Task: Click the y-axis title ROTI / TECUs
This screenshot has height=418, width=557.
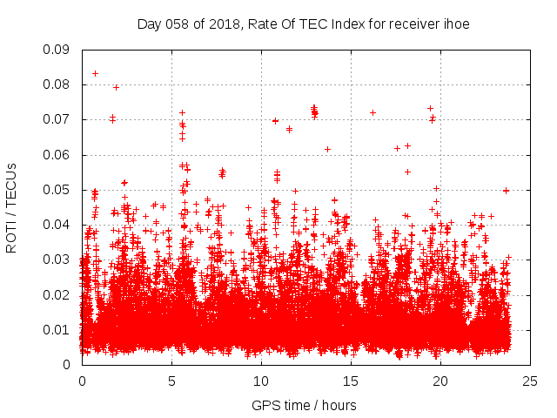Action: [x=12, y=207]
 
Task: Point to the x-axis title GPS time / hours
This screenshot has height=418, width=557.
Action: [x=304, y=405]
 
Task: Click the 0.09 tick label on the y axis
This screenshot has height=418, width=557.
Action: [x=58, y=50]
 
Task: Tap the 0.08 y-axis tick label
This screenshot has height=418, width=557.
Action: [x=58, y=84]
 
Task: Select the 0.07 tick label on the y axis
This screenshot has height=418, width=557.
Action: [x=58, y=119]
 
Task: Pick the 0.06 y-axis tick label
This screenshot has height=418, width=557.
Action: [x=58, y=155]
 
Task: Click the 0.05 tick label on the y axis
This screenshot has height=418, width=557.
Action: [x=58, y=190]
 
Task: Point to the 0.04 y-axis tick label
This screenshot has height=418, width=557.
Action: [x=58, y=225]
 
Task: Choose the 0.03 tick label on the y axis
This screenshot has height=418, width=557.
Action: [x=58, y=260]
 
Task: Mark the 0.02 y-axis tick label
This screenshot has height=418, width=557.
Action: [x=58, y=294]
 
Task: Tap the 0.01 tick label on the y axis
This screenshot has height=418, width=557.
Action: [x=58, y=329]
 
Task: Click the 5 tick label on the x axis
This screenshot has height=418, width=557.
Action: [x=171, y=381]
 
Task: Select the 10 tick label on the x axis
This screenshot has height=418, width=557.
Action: [x=261, y=381]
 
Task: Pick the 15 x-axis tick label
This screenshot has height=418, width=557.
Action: [x=351, y=381]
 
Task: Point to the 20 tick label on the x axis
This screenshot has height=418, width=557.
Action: [x=440, y=381]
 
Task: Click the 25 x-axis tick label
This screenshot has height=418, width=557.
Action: [x=530, y=381]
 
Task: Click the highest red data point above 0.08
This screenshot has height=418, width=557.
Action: [x=95, y=73]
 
